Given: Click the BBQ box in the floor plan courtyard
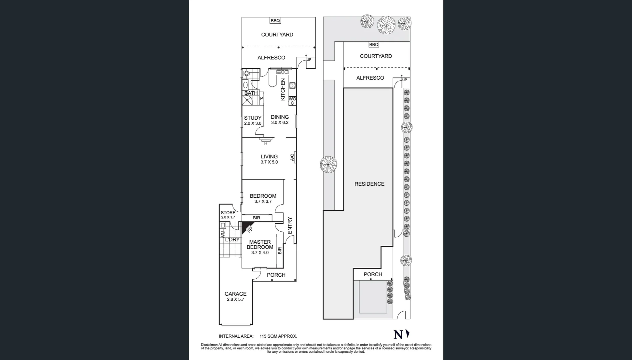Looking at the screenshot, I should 275,21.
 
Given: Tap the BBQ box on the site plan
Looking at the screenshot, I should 374,45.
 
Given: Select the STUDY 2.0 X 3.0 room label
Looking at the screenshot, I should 253,120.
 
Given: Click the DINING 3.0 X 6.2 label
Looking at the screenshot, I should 280,119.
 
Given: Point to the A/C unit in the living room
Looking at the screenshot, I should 293,157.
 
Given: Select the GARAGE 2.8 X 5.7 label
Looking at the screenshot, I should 235,296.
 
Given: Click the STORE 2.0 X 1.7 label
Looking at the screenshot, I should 228,215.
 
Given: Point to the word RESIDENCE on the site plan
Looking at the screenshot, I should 369,184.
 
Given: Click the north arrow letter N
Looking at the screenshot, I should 398,335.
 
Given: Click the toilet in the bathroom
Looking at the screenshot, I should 246,74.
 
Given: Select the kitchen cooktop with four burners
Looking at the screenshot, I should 292,85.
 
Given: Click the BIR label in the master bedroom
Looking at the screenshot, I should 280,250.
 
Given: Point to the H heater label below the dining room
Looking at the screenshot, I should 266,143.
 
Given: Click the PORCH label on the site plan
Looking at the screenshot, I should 373,274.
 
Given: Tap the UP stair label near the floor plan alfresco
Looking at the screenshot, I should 309,60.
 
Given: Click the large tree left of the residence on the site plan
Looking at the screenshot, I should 328,165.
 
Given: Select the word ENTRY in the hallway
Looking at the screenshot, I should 290,225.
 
